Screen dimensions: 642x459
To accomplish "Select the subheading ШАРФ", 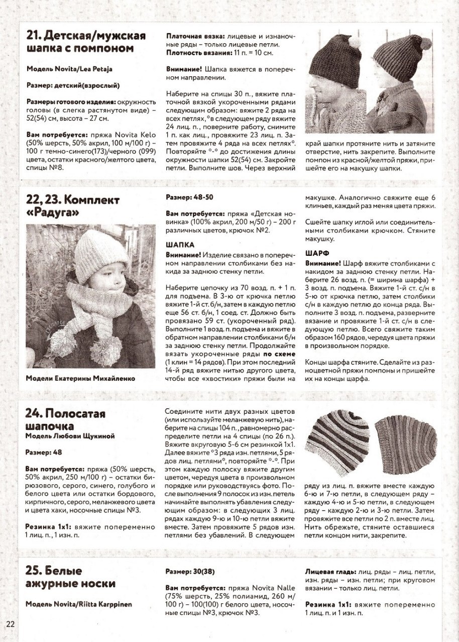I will click(318, 254).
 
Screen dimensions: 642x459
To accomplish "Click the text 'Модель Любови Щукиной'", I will click(70, 436).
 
